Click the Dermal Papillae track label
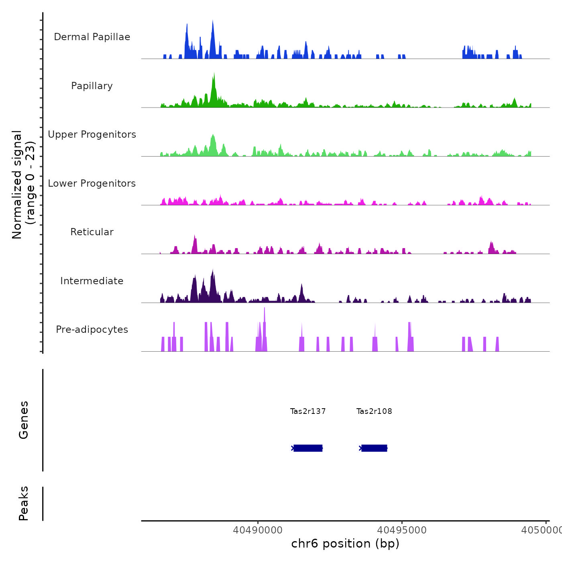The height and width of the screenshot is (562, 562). (92, 37)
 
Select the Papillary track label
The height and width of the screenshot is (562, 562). (92, 86)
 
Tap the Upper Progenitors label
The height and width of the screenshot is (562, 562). (92, 134)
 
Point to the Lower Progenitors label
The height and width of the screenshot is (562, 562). (92, 183)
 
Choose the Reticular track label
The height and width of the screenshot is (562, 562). (92, 232)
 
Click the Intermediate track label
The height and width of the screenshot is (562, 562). (92, 281)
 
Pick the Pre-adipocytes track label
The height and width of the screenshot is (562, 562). (92, 330)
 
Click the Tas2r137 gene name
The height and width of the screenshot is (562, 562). (308, 411)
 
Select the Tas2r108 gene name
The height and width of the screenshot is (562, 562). (374, 411)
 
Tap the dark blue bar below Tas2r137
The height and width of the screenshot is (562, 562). (308, 448)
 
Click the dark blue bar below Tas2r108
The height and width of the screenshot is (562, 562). (374, 448)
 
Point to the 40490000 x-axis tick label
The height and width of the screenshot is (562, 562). (258, 530)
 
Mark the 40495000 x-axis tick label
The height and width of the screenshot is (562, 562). (402, 530)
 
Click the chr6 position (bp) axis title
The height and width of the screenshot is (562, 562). (345, 544)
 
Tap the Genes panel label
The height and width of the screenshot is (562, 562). (24, 420)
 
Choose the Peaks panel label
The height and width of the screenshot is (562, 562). (24, 503)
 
